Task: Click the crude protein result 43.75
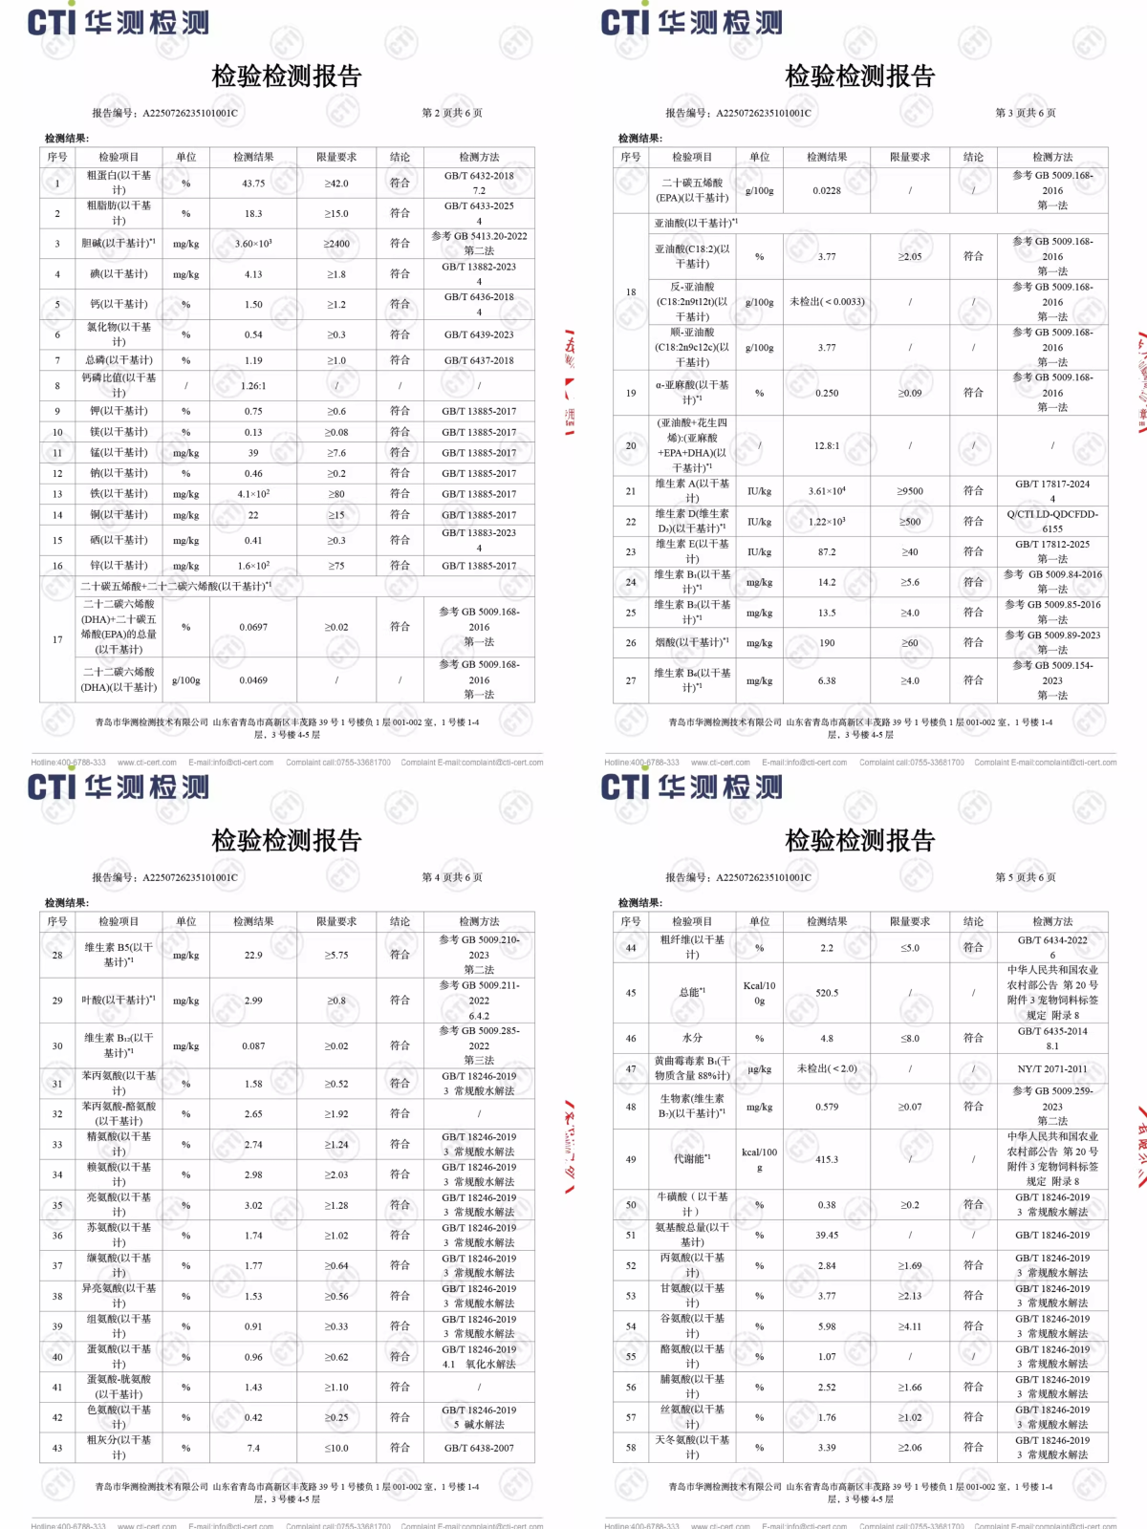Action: click(253, 183)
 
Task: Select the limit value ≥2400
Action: click(336, 244)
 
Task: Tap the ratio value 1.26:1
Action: click(253, 386)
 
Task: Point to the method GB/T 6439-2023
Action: click(478, 334)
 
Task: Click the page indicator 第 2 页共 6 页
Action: click(452, 113)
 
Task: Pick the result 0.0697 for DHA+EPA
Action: click(253, 627)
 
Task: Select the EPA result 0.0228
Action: click(827, 191)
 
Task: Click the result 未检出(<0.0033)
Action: click(827, 302)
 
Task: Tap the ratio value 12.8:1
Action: click(827, 445)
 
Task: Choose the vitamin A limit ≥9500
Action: click(910, 491)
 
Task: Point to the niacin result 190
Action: click(827, 643)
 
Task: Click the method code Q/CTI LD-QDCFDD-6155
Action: click(1052, 521)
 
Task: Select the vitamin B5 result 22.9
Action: click(253, 955)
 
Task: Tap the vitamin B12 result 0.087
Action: click(253, 1046)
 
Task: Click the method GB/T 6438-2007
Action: click(478, 1448)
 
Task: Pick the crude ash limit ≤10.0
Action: click(336, 1448)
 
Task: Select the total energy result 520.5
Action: click(827, 993)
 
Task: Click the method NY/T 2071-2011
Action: click(1052, 1069)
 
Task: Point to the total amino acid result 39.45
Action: click(827, 1235)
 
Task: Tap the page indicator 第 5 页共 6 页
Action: click(1026, 877)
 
